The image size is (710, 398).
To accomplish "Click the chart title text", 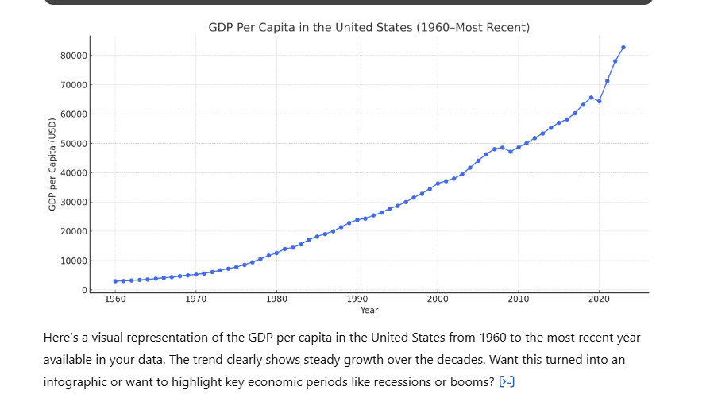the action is tap(369, 28).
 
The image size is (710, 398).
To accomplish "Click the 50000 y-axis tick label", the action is tap(73, 144).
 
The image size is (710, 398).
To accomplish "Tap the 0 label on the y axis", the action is tap(85, 290).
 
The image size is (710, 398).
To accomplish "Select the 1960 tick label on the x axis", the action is tap(115, 299).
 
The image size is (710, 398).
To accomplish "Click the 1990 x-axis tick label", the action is tap(357, 299).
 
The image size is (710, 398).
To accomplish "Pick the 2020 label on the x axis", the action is tap(599, 299).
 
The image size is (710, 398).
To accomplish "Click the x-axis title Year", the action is tap(369, 310).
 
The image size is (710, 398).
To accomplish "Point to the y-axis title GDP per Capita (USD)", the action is tap(52, 164).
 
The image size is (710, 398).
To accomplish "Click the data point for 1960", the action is tap(115, 281).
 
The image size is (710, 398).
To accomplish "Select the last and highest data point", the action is tap(623, 48).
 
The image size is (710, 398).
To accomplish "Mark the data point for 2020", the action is tap(599, 102).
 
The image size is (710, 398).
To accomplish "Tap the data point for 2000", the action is tap(438, 184).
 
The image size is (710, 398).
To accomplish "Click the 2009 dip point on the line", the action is tap(511, 153).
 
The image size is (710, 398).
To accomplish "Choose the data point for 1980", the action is tap(276, 253).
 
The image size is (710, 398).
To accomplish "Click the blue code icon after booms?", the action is tap(507, 381).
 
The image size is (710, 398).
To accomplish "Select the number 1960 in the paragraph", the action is tap(493, 338).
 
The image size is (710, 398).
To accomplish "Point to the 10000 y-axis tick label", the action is tap(73, 261).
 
